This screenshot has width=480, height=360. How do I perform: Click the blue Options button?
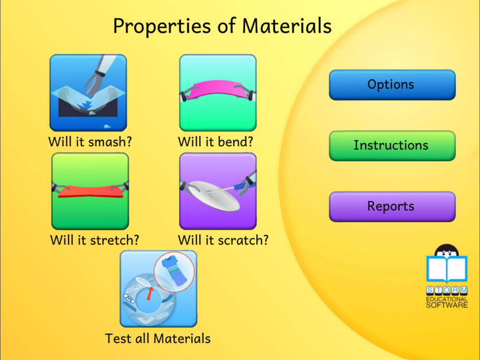coord(392,85)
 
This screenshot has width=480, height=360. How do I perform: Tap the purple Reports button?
coord(392,206)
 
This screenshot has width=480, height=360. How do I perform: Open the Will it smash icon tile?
coord(88,93)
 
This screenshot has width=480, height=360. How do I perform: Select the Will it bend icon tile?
coord(217,93)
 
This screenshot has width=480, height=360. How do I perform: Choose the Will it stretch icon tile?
coord(90,191)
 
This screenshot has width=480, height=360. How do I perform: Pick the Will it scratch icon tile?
coord(217,191)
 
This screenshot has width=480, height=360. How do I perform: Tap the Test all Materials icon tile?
coord(158,288)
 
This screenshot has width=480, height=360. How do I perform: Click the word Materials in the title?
coord(287,26)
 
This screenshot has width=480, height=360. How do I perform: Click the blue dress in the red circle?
coord(173,271)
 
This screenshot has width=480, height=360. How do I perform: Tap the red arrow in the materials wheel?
coord(150,293)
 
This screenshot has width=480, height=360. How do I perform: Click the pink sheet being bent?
coord(218,89)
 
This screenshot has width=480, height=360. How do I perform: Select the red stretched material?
coord(91,191)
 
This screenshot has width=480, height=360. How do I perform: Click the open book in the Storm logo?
coord(447,269)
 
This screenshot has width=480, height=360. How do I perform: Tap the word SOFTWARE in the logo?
coord(447,305)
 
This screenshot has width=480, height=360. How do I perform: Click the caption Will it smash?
coord(90,142)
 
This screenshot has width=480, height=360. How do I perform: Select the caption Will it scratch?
coord(223,240)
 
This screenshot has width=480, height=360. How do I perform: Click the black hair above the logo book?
coord(446,249)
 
